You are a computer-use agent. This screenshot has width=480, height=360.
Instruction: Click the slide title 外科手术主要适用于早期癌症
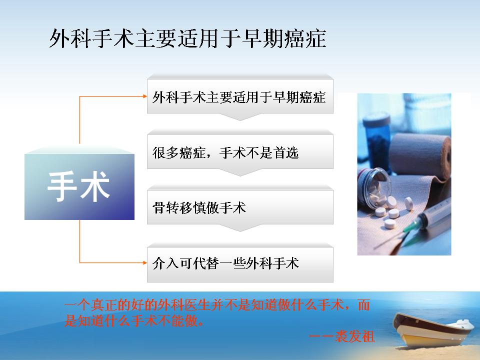(187, 39)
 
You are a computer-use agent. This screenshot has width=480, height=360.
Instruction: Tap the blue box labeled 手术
(79, 186)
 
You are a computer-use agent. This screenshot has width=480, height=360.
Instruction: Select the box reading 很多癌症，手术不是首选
(240, 152)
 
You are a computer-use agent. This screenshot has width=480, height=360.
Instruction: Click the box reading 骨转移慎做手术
(240, 207)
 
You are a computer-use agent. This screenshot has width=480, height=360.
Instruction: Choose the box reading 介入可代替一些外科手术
(240, 264)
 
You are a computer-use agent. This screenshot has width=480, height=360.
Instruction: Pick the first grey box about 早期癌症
(240, 96)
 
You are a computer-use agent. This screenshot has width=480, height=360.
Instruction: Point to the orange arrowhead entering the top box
(145, 96)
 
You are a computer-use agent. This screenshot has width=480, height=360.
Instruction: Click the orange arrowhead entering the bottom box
(145, 262)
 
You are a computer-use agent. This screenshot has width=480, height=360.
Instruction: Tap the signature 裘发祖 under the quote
(354, 336)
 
